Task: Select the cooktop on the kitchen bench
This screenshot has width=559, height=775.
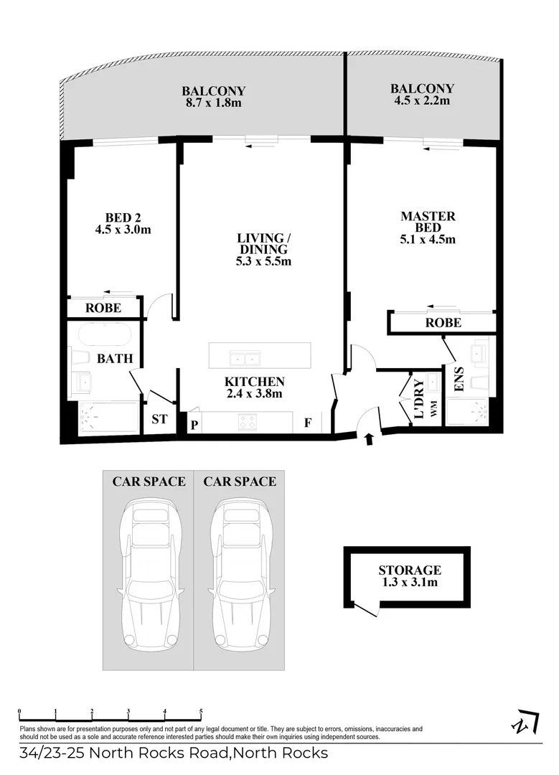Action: pos(248,423)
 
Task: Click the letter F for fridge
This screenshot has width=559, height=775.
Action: pos(307,423)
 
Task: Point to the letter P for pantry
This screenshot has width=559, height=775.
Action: pos(194,424)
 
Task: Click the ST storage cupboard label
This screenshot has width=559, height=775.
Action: pos(159,420)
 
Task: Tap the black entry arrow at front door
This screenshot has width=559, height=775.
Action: pos(370,439)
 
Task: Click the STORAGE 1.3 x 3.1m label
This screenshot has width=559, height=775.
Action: pos(410,576)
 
